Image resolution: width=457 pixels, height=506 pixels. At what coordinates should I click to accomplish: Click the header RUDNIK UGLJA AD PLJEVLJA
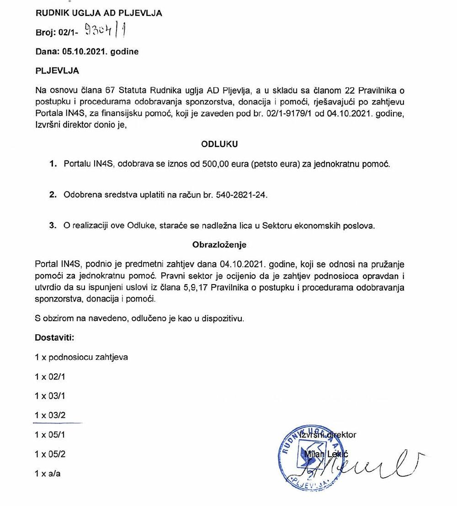click(x=98, y=13)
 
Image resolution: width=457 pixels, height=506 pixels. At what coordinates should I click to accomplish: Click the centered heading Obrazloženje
click(x=219, y=245)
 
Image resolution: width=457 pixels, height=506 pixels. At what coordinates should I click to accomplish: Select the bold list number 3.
click(x=53, y=226)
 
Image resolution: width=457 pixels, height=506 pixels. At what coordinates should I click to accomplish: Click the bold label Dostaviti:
click(x=54, y=338)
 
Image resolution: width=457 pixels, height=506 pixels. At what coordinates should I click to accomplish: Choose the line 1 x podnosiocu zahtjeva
click(x=81, y=357)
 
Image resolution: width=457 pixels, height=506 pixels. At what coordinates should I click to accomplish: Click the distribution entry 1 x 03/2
click(x=50, y=415)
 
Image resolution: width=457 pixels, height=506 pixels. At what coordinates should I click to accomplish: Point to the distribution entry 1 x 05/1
click(x=50, y=435)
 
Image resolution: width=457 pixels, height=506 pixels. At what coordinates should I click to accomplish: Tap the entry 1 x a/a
click(x=48, y=474)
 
